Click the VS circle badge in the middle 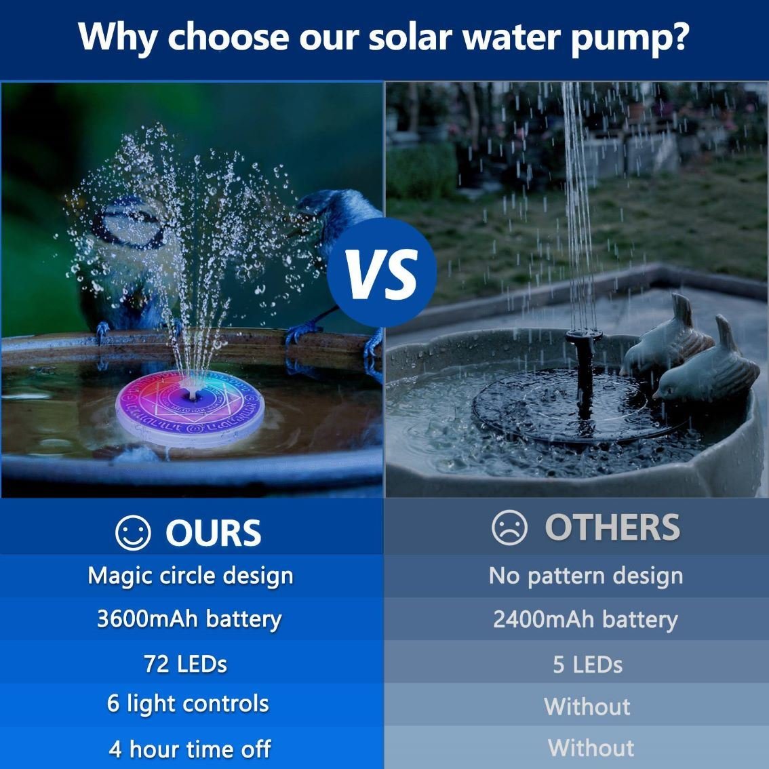[382, 273]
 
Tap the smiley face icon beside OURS [133, 532]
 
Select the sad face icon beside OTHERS [509, 527]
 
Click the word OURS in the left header [214, 532]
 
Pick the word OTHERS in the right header [612, 527]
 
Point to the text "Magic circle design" [191, 575]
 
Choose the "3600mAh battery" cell [189, 619]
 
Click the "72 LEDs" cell [185, 664]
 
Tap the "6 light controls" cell [188, 704]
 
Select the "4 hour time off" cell [190, 749]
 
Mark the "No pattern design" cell [586, 575]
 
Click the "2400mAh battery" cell [586, 619]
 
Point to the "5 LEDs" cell [587, 665]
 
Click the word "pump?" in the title [631, 38]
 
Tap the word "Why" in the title [117, 37]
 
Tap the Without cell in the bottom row [591, 748]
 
